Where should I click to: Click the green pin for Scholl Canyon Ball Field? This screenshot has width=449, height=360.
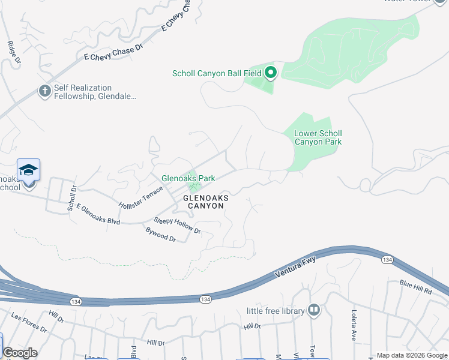coord(271,73)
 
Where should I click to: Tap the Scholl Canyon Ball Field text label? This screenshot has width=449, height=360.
coord(217,74)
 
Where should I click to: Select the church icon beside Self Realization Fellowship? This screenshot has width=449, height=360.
coord(44,91)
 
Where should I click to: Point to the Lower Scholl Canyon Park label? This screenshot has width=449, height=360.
coord(318,138)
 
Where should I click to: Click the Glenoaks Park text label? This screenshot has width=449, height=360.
coord(188,178)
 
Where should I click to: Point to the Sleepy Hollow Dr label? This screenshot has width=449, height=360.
coord(177,226)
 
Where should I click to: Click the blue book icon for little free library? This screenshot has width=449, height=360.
coord(313,310)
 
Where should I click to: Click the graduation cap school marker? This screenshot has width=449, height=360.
coord(28,170)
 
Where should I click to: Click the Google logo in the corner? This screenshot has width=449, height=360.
coord(20,353)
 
